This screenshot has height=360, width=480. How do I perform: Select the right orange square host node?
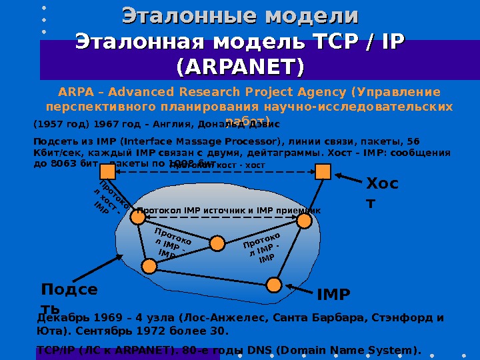323,172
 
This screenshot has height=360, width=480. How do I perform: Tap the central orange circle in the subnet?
217,243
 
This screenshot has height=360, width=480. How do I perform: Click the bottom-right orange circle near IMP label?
274,285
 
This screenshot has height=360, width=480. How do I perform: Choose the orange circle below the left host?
137,216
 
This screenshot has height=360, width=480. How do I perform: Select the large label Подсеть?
69,299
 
